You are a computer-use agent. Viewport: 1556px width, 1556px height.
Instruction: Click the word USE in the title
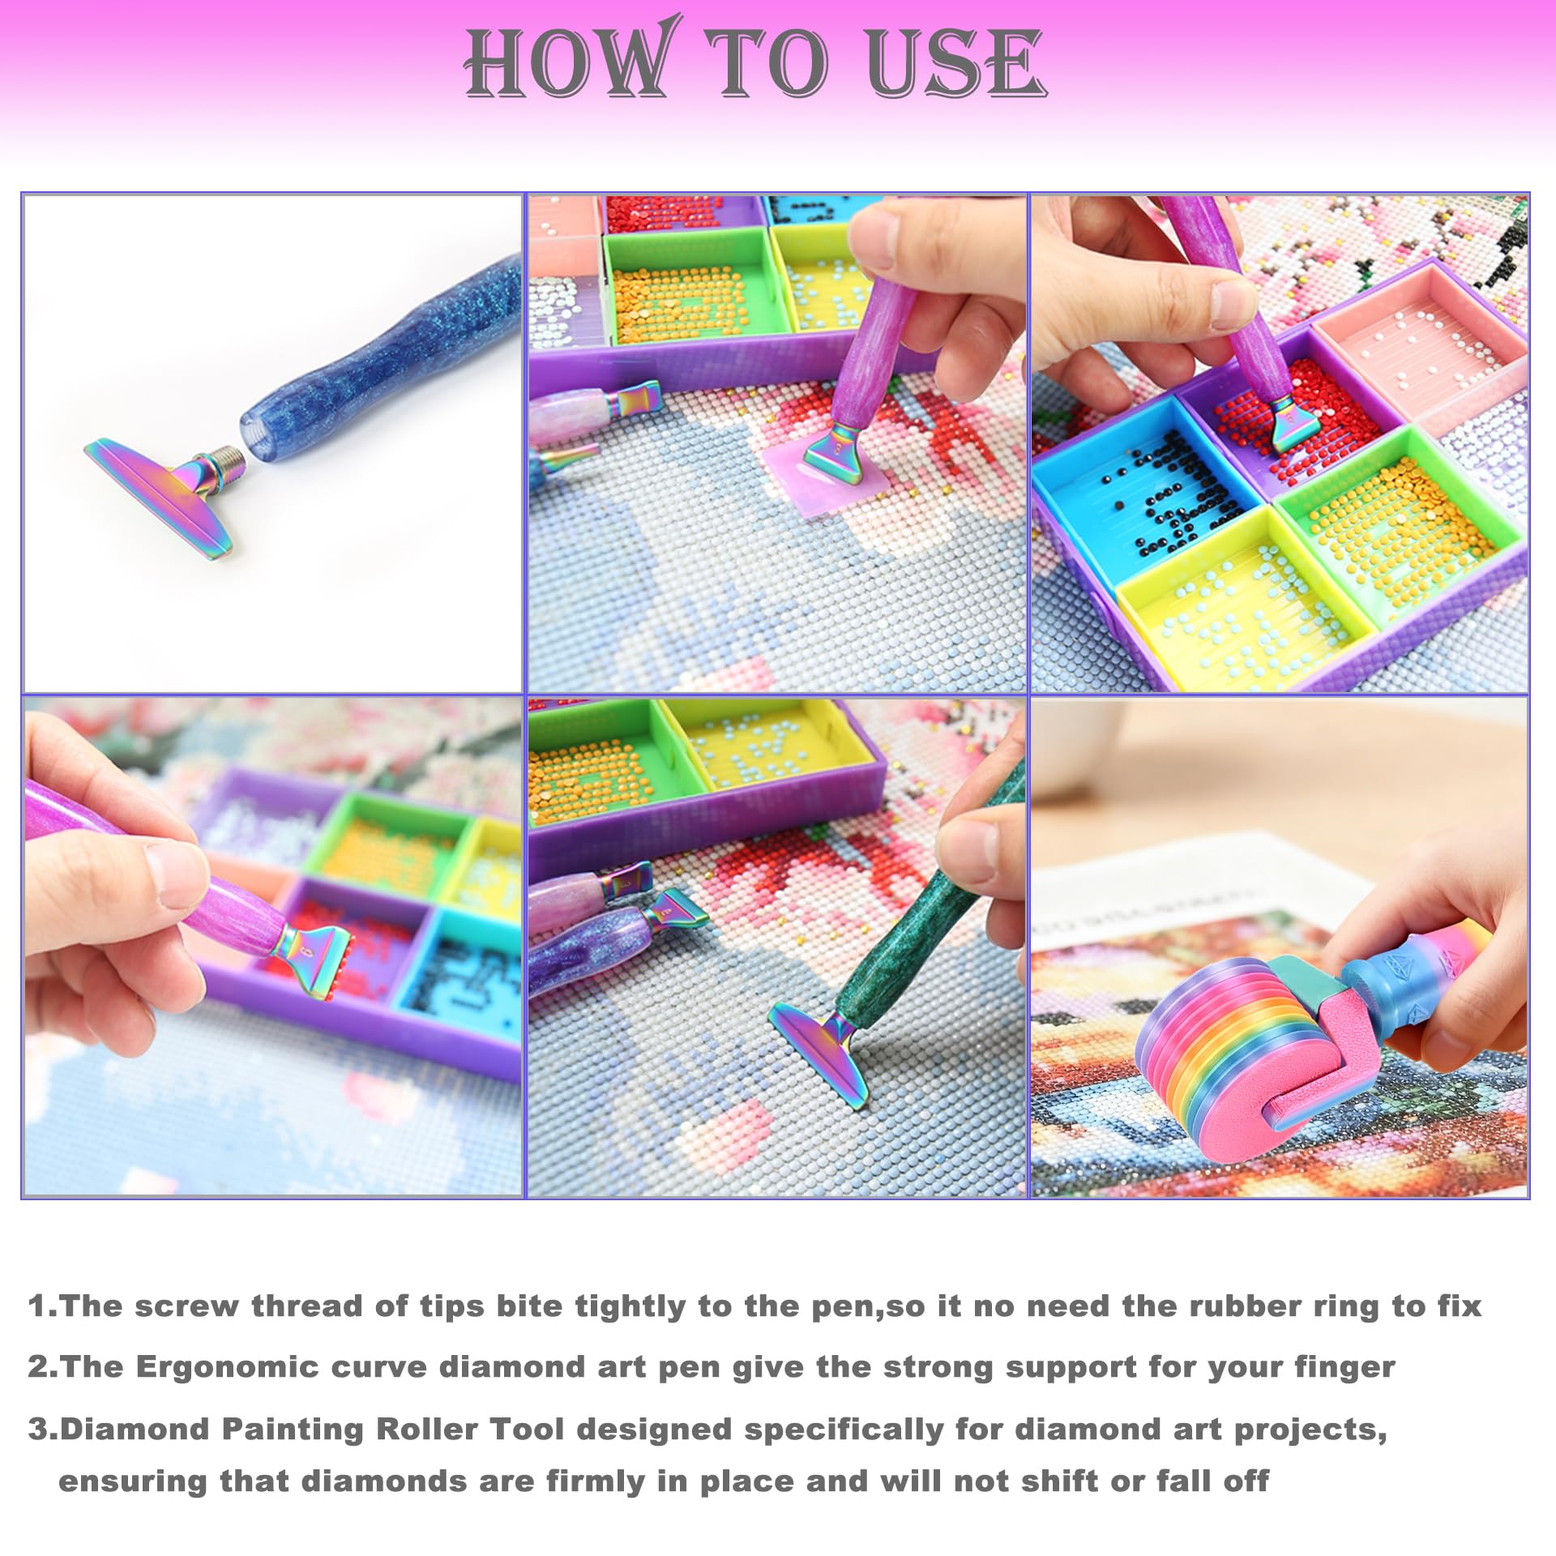tap(956, 63)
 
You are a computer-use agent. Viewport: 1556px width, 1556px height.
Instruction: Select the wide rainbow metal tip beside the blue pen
tap(158, 494)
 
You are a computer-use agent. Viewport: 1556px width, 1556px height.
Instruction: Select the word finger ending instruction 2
tap(1345, 1366)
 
